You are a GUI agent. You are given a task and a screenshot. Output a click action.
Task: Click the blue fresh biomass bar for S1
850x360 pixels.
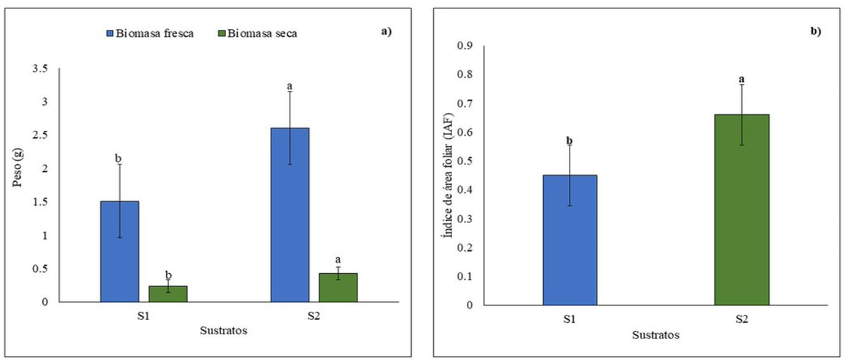[120, 251]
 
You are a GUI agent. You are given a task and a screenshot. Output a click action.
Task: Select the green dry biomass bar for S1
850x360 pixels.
[168, 293]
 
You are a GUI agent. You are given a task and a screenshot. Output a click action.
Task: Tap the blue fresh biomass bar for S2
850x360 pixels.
[290, 215]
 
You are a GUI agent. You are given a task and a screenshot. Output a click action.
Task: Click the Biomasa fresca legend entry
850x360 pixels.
[150, 34]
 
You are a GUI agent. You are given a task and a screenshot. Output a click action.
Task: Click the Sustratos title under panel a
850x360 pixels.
[223, 331]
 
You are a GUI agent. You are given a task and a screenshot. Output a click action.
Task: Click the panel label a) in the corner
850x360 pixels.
[386, 32]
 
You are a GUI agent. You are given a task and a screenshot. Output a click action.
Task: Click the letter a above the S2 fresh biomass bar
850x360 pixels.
[290, 87]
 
